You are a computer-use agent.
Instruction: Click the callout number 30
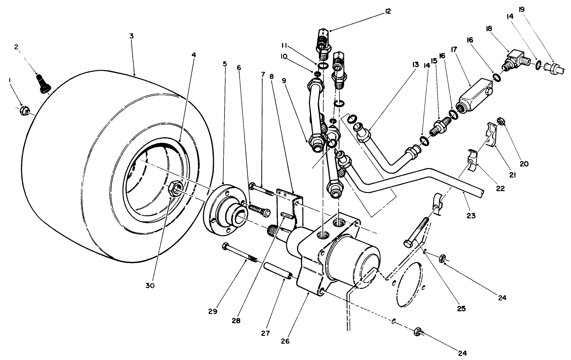tap(150, 286)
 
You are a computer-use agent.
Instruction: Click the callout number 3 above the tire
tap(131, 36)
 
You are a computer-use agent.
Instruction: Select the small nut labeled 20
tap(501, 122)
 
